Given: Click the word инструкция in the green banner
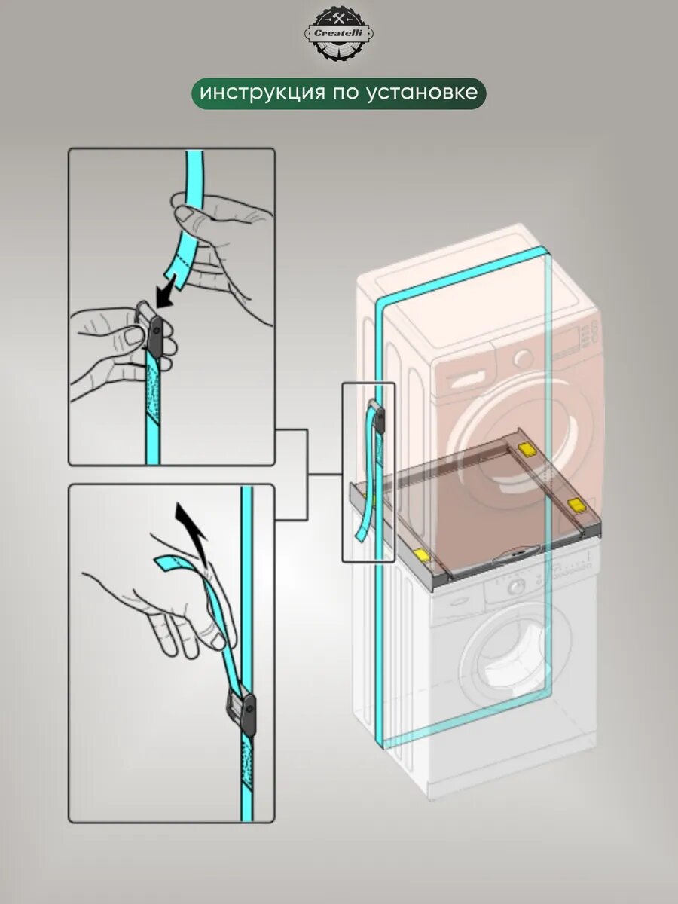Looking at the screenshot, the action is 252,93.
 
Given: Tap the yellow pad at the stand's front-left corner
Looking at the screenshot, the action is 421,555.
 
